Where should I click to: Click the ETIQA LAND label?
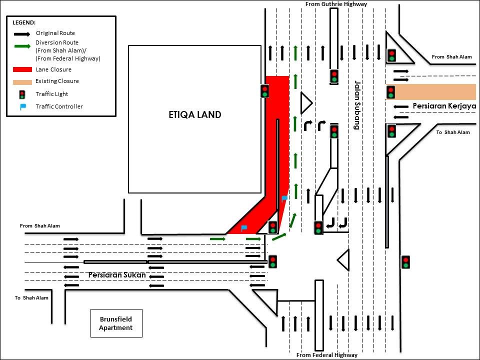point(194,115)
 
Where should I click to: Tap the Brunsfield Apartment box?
point(116,323)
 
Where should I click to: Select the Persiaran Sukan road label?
point(117,275)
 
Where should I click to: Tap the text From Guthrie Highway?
point(336,4)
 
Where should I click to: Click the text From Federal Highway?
point(327,355)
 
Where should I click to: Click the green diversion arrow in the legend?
point(21,47)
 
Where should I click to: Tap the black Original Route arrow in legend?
point(21,34)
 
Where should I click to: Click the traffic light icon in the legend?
point(22,94)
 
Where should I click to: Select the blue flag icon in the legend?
point(22,106)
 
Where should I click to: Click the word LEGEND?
point(24,23)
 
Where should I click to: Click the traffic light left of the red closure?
point(264,91)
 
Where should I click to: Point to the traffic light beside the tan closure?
point(390,92)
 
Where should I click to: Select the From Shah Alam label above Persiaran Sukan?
point(40,226)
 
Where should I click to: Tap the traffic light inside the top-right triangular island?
point(392,55)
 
